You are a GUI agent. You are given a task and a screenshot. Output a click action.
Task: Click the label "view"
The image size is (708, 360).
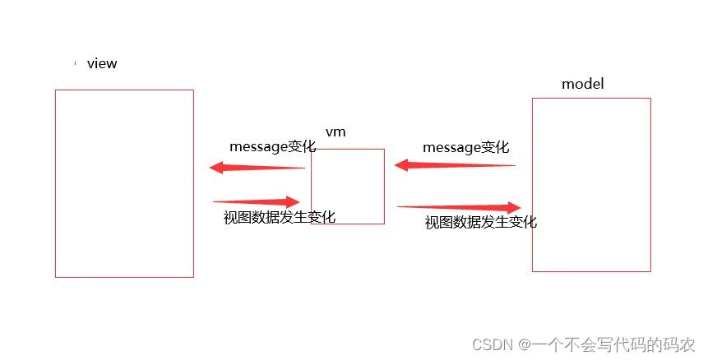pyautogui.click(x=102, y=63)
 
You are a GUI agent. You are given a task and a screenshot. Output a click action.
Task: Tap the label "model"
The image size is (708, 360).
pyautogui.click(x=583, y=84)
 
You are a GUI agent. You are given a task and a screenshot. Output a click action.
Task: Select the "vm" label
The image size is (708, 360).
pyautogui.click(x=335, y=132)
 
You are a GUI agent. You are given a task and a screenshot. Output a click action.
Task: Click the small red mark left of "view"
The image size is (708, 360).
pyautogui.click(x=75, y=63)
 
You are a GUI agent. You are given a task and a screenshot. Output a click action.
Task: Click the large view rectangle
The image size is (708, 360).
pyautogui.click(x=124, y=183)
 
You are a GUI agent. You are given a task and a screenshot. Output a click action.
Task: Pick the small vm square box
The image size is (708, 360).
pyautogui.click(x=348, y=186)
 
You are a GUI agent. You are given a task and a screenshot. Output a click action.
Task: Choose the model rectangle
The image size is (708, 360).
pyautogui.click(x=591, y=184)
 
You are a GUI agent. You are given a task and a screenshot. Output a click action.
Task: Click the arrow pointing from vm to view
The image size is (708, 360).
pyautogui.click(x=257, y=168)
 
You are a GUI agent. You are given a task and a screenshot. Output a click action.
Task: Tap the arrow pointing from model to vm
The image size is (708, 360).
pyautogui.click(x=455, y=165)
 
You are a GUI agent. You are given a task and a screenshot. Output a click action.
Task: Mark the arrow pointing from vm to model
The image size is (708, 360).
pyautogui.click(x=459, y=207)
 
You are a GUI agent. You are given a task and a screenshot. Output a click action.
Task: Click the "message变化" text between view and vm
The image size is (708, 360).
pyautogui.click(x=273, y=147)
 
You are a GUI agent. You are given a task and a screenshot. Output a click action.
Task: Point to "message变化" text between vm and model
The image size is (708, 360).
pyautogui.click(x=466, y=147)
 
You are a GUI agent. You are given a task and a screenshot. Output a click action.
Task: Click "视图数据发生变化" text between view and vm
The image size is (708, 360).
pyautogui.click(x=280, y=217)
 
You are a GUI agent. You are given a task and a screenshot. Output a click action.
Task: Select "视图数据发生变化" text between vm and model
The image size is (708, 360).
pyautogui.click(x=481, y=222)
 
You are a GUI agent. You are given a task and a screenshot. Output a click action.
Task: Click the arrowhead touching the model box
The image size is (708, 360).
pyautogui.click(x=515, y=207)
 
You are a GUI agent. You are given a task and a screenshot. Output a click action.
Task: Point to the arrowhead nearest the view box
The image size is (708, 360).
pyautogui.click(x=217, y=168)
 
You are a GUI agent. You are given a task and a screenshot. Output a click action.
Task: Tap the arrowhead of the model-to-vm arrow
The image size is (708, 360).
pyautogui.click(x=402, y=165)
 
